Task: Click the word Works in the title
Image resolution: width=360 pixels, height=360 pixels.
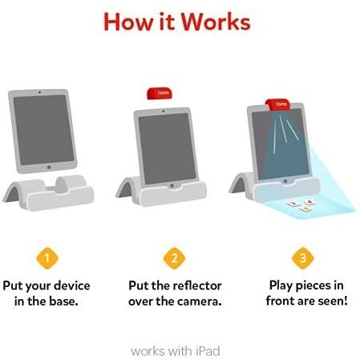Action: (216, 22)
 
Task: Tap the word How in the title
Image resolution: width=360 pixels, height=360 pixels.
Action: (128, 22)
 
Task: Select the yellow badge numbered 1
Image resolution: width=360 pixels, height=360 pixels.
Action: (47, 258)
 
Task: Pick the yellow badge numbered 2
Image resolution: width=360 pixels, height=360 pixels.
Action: (174, 258)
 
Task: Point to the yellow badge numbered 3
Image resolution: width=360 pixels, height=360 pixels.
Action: (303, 258)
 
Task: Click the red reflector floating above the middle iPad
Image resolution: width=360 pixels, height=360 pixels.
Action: (160, 94)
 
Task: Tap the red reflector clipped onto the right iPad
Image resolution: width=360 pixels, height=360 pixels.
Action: (278, 104)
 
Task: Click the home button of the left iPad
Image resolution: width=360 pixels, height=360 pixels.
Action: (49, 168)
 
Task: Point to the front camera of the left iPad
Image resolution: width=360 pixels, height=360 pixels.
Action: (40, 92)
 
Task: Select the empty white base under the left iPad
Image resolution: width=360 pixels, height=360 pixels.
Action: (49, 192)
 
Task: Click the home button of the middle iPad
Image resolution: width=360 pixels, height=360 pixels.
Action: (172, 185)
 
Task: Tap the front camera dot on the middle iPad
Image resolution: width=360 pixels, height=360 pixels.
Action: (164, 111)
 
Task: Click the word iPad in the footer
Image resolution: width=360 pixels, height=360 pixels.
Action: (208, 351)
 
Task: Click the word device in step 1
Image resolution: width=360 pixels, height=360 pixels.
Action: (72, 285)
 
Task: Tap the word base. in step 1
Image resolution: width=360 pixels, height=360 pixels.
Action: (63, 301)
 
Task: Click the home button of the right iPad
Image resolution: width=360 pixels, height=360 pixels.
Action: (285, 181)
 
